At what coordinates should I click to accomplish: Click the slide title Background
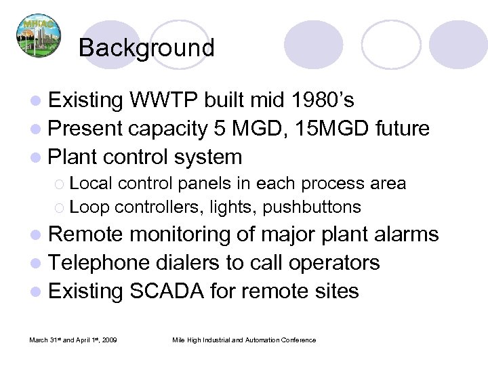(x=146, y=47)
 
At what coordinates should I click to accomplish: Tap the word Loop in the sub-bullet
(x=85, y=206)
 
